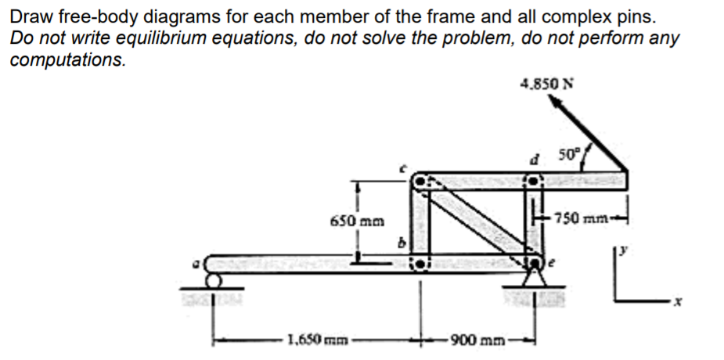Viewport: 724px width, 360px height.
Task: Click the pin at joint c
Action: [421, 182]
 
